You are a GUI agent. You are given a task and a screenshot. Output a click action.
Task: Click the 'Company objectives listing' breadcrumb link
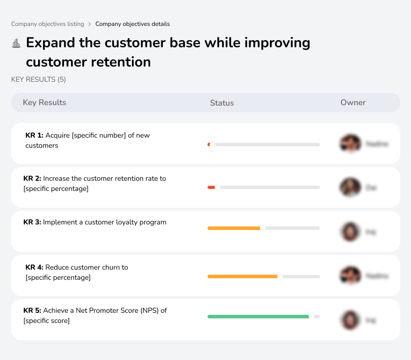pyautogui.click(x=48, y=24)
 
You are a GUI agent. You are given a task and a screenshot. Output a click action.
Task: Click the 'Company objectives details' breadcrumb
pyautogui.click(x=132, y=24)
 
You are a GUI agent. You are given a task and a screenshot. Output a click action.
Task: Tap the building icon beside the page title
pyautogui.click(x=16, y=43)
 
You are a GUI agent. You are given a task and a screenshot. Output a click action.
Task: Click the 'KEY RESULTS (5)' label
pyautogui.click(x=39, y=79)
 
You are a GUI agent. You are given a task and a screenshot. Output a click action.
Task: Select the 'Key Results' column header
pyautogui.click(x=45, y=103)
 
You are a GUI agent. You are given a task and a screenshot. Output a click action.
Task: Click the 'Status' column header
pyautogui.click(x=222, y=103)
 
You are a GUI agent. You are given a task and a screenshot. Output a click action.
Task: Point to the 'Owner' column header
pyautogui.click(x=353, y=103)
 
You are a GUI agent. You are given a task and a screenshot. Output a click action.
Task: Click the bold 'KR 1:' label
pyautogui.click(x=35, y=136)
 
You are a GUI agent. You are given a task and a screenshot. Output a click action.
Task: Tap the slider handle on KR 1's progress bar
pyautogui.click(x=212, y=145)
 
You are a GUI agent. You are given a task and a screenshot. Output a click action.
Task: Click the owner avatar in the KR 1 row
pyautogui.click(x=350, y=144)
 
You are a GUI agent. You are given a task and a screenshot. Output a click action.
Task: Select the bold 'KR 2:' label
pyautogui.click(x=32, y=179)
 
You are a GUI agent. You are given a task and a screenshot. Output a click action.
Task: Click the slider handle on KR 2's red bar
pyautogui.click(x=218, y=187)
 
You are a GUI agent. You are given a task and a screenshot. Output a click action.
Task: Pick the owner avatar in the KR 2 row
pyautogui.click(x=350, y=187)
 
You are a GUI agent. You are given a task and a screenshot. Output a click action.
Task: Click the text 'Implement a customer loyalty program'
pyautogui.click(x=105, y=222)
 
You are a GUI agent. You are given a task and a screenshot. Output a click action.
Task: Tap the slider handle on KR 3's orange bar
pyautogui.click(x=262, y=228)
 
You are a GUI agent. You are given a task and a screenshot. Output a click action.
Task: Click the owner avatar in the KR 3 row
pyautogui.click(x=350, y=232)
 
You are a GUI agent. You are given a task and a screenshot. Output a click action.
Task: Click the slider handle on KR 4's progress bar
pyautogui.click(x=280, y=277)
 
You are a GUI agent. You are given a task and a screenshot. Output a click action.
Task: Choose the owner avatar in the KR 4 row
pyautogui.click(x=350, y=276)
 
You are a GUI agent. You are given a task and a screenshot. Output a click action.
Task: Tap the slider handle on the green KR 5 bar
pyautogui.click(x=312, y=316)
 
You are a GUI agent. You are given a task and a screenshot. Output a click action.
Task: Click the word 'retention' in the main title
pyautogui.click(x=121, y=62)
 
